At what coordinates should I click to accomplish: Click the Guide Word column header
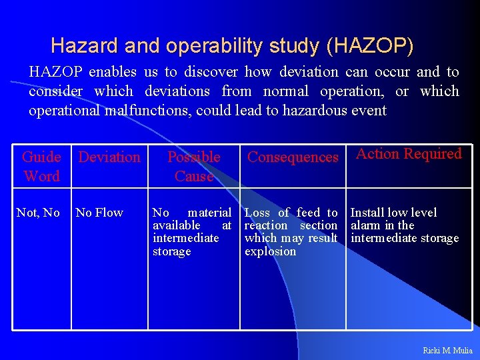pos(41,167)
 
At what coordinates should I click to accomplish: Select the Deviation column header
pos(109,157)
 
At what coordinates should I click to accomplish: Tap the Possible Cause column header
pos(193,167)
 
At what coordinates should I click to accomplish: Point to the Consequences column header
pos(293,157)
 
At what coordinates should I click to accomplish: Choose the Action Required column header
pos(409,154)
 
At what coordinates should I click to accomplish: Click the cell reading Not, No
pos(38,213)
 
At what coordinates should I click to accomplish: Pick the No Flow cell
pos(99,213)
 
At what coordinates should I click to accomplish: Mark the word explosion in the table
pos(270,251)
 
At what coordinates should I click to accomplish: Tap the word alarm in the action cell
pos(365,225)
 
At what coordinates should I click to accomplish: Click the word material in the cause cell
pos(209,213)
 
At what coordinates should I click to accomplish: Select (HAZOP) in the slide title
pos(370,46)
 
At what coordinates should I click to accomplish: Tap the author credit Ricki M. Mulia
pos(447,350)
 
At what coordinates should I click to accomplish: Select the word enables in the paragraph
pos(109,72)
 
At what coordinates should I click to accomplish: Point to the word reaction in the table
pos(267,225)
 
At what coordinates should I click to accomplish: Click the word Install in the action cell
pos(365,213)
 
